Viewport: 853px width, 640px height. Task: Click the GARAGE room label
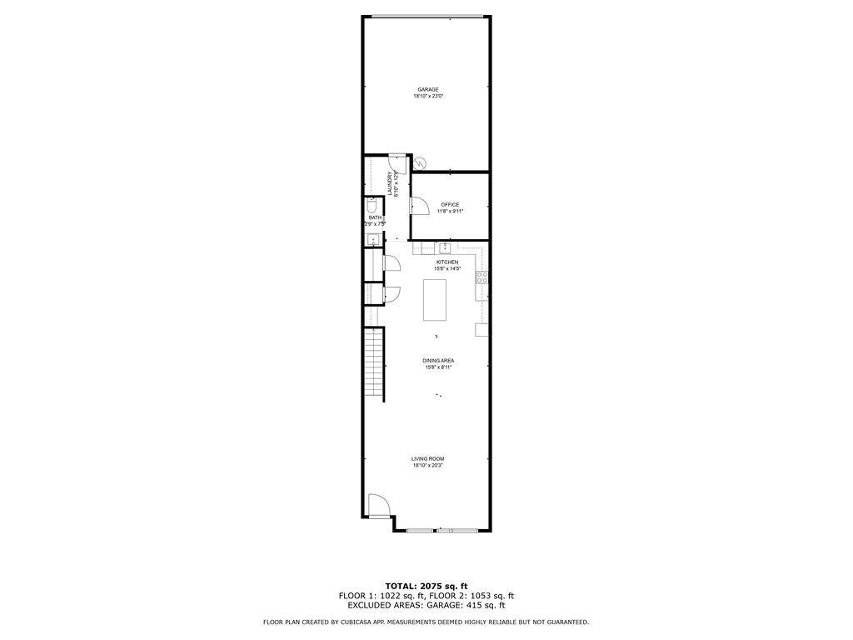click(x=428, y=89)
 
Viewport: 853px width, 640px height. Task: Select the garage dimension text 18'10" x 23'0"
click(x=428, y=97)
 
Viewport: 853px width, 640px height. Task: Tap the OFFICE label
click(x=450, y=204)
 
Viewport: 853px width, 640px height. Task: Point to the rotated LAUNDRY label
click(x=389, y=182)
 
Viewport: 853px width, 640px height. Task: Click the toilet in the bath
click(x=372, y=206)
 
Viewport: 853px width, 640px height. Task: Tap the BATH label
click(x=375, y=217)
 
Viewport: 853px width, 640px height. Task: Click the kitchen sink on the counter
click(x=445, y=247)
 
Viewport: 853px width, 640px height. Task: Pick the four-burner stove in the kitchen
click(x=481, y=277)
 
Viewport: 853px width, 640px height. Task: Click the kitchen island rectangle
click(x=435, y=300)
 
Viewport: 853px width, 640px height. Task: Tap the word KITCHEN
click(x=447, y=262)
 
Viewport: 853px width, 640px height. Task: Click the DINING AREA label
click(x=439, y=361)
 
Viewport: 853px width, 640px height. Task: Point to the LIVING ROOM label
click(x=428, y=458)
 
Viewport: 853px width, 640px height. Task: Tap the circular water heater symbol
click(x=421, y=164)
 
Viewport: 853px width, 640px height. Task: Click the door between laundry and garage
click(x=397, y=160)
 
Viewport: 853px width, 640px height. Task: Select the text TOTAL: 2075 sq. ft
click(x=426, y=586)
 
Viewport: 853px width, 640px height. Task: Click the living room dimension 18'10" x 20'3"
click(x=428, y=466)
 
